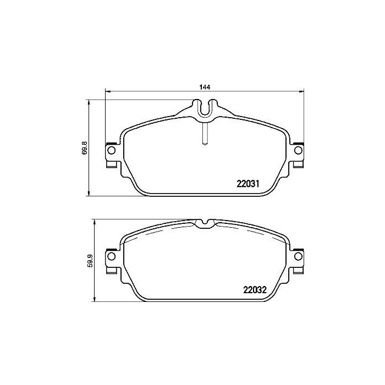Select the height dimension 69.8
84,148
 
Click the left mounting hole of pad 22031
111,150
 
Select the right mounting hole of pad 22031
299,150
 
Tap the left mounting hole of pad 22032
111,256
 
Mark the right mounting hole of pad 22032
299,256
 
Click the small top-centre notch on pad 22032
205,223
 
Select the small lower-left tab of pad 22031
112,164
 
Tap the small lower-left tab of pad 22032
112,270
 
